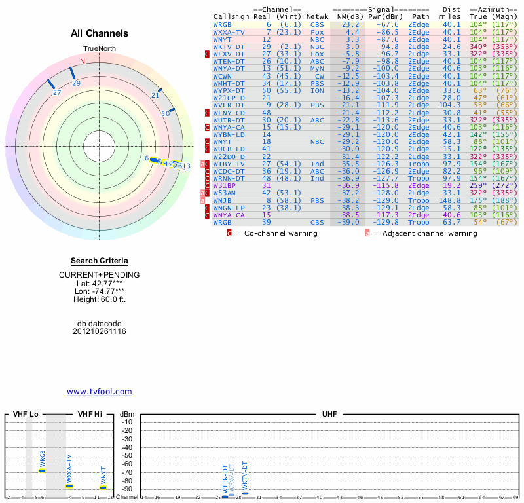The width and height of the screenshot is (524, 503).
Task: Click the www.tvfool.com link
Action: (x=100, y=392)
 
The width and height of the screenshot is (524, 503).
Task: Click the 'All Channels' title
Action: (x=100, y=33)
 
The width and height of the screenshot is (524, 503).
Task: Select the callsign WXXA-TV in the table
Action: (x=229, y=31)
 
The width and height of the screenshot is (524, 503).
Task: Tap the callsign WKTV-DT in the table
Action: (x=229, y=47)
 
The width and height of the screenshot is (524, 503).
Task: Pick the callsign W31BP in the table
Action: (x=225, y=186)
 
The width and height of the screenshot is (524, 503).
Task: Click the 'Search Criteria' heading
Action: (x=100, y=261)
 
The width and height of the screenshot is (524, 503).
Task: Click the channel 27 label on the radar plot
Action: (x=57, y=93)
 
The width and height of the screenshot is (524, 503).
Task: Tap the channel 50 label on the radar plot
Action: (x=166, y=113)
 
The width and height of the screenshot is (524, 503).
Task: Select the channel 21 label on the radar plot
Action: (x=155, y=96)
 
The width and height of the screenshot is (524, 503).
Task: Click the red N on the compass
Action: (x=83, y=62)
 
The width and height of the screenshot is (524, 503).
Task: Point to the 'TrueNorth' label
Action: (x=99, y=50)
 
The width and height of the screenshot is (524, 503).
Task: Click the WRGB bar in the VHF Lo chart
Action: (x=43, y=470)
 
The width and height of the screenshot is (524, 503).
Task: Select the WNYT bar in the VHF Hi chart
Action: (x=103, y=487)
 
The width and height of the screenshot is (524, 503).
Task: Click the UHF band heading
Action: (x=329, y=415)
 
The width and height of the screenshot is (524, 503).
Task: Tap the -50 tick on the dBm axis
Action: (x=127, y=455)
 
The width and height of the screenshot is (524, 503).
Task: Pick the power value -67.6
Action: (x=387, y=24)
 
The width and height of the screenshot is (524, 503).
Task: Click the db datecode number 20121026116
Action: (x=100, y=331)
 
